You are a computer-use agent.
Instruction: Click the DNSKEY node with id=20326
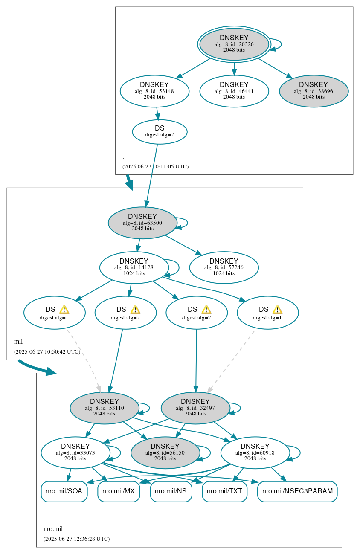point(234,44)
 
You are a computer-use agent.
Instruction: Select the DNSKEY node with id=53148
point(154,91)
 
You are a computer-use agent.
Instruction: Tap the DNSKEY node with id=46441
point(234,91)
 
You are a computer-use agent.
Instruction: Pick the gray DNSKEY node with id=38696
point(314,91)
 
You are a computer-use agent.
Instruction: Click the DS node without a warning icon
point(160,132)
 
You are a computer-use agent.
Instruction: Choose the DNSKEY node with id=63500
point(142,223)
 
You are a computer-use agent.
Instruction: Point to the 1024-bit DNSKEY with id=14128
point(134,267)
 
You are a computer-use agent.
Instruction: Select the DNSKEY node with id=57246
point(224,267)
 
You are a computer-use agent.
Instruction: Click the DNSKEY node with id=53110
point(105,408)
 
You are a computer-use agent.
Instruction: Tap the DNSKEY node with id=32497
point(195,408)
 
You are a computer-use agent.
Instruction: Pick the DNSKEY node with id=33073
point(75,452)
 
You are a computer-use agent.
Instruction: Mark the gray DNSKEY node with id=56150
point(165,452)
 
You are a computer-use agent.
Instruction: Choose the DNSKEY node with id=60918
point(255,452)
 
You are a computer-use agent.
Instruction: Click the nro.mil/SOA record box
point(64,491)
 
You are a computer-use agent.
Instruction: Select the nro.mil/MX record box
point(119,491)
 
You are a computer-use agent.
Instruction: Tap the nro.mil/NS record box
point(171,491)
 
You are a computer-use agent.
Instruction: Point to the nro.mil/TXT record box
point(224,491)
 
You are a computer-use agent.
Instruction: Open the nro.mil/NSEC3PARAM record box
point(297,491)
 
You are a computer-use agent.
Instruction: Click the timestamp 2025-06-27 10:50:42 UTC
point(47,352)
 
